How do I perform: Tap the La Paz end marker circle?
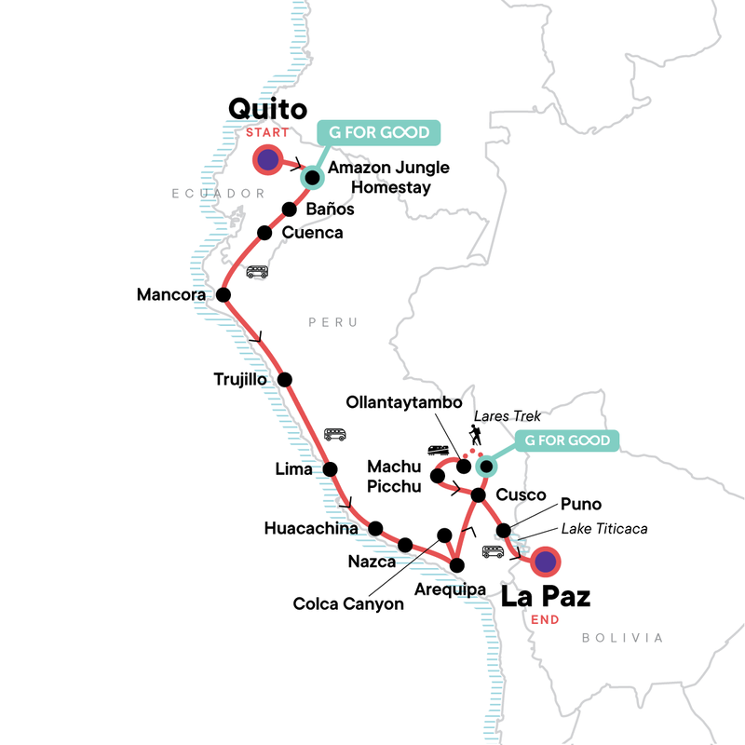[545, 562]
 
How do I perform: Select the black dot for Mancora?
[223, 295]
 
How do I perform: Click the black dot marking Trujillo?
[285, 379]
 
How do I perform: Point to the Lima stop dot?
[330, 469]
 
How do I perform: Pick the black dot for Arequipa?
[456, 564]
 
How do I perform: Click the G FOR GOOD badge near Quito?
[378, 131]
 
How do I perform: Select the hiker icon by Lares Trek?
[476, 434]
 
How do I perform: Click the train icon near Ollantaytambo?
[440, 451]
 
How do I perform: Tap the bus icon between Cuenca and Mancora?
[257, 272]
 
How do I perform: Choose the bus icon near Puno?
[493, 551]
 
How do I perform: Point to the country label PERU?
[332, 322]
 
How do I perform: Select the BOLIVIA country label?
[622, 638]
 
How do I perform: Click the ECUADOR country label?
[213, 193]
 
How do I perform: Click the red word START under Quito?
[268, 133]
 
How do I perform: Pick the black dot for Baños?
[289, 209]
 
